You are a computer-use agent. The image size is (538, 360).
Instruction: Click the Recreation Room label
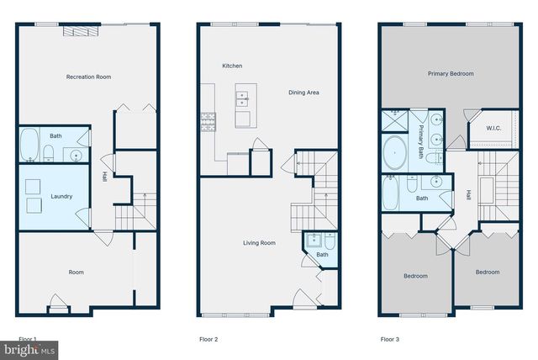(x=88, y=77)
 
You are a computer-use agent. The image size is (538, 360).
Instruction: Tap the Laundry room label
(x=61, y=197)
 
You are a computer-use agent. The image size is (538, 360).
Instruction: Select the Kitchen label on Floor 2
(x=232, y=66)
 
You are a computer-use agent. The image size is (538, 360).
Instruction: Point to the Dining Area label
(x=303, y=93)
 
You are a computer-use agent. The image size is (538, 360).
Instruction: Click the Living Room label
(x=260, y=243)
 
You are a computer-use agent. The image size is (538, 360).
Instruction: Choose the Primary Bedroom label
(x=448, y=74)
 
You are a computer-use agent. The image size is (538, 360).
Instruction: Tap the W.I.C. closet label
(x=494, y=128)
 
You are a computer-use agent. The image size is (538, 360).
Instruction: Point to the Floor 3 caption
(x=389, y=340)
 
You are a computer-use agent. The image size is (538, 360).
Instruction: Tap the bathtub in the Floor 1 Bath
(x=29, y=145)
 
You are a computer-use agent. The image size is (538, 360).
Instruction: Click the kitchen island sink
(x=243, y=97)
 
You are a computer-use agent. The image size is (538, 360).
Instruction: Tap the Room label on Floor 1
(x=76, y=272)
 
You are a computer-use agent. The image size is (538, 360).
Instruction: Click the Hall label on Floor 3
(x=467, y=195)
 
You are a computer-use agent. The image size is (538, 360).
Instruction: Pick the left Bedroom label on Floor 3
(x=414, y=275)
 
